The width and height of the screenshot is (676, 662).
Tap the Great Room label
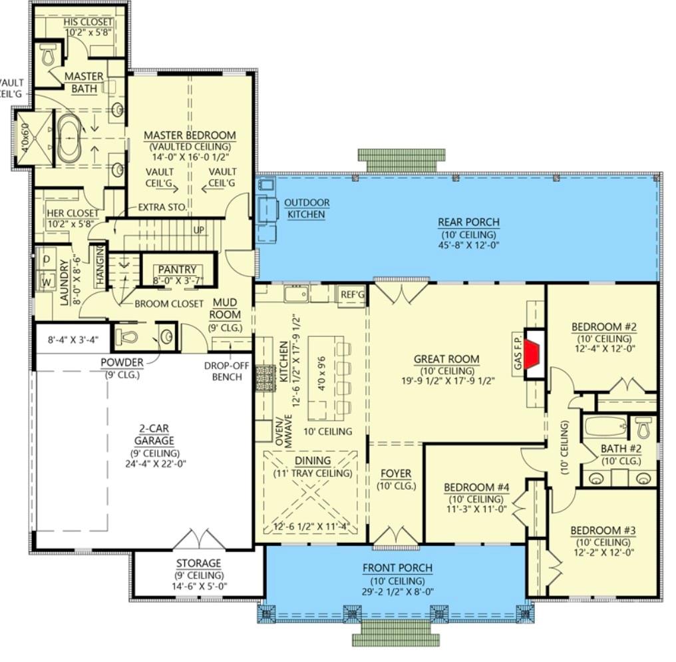tap(446, 359)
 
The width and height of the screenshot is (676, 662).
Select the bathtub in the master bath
tap(69, 138)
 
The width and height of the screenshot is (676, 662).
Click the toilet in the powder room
tap(128, 337)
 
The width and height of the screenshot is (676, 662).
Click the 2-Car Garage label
tap(158, 435)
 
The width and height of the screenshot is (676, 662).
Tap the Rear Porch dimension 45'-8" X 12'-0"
tap(468, 244)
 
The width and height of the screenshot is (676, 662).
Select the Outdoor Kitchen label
tap(307, 208)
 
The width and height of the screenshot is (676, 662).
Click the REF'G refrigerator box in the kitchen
tap(351, 294)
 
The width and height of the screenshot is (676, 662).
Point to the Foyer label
tap(395, 474)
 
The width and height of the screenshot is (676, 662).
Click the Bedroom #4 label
tap(476, 487)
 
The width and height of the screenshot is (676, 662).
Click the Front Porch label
tap(397, 567)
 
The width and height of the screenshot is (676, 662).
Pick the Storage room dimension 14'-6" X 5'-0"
tap(198, 587)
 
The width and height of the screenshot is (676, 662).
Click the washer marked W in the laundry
tap(47, 281)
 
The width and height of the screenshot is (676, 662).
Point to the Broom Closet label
tap(169, 304)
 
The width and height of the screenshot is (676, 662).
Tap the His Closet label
tap(88, 22)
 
